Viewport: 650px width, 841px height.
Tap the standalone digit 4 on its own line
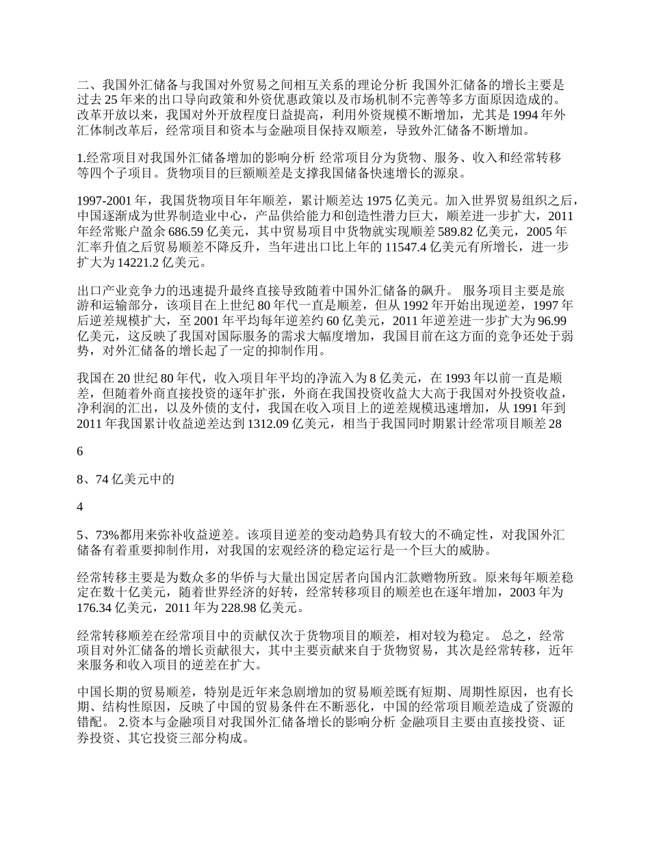[81, 507]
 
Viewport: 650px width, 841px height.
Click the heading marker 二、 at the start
[90, 85]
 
